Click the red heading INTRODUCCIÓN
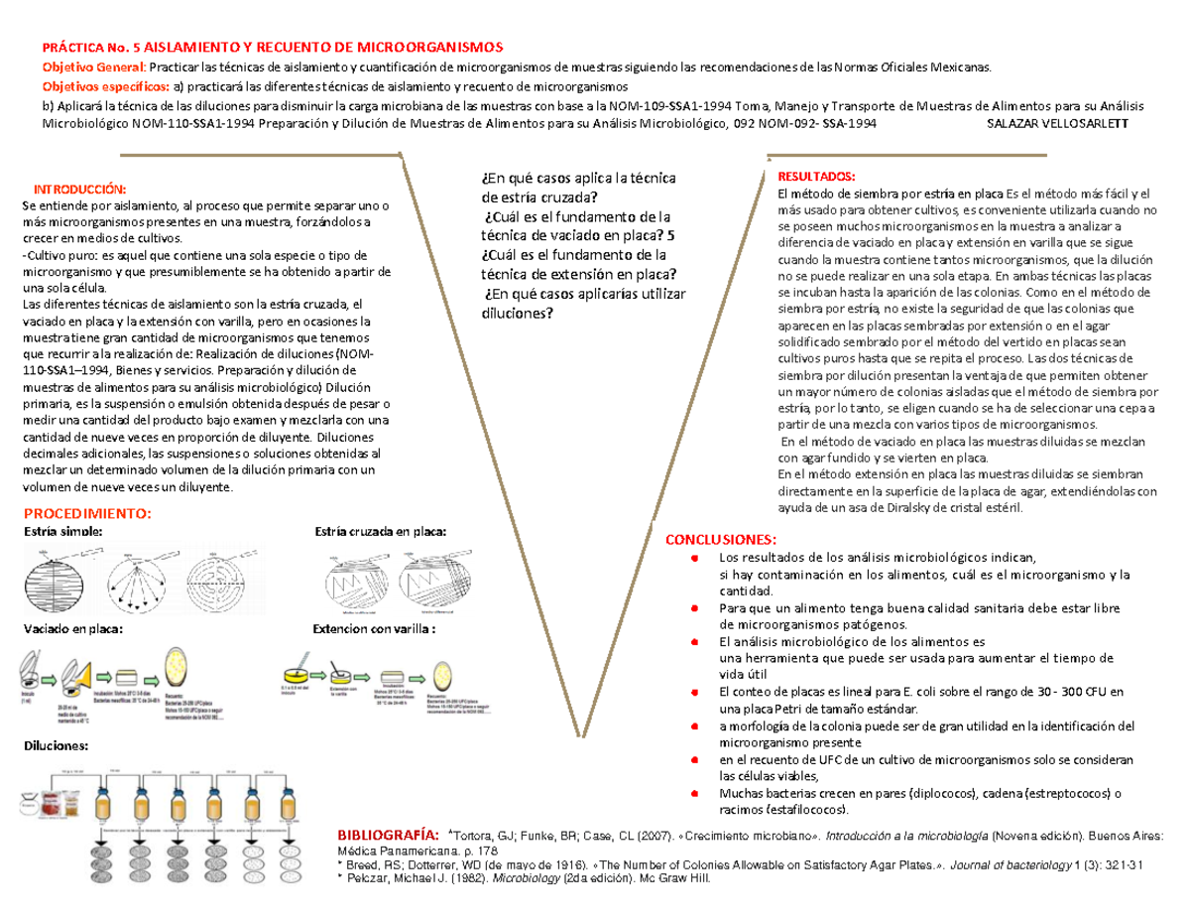81,189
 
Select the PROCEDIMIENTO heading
87,514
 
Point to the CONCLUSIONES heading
721,539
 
